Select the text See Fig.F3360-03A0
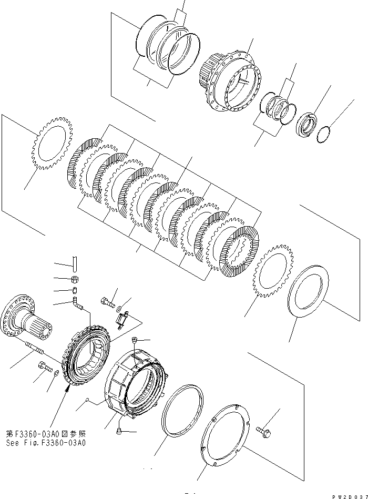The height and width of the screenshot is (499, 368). pos(46,443)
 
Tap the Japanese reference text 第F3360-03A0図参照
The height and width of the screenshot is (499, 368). pos(46,434)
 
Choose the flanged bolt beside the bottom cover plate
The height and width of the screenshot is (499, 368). pos(262,430)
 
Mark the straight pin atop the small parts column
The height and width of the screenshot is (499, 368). pos(75,261)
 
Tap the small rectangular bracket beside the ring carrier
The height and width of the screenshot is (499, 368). pos(125,318)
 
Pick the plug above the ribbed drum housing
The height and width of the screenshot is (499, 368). pos(136,340)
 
